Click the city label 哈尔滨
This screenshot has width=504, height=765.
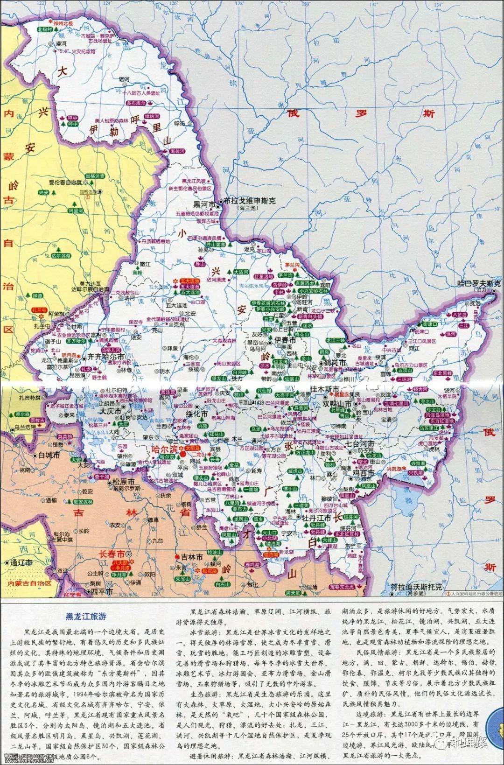click(x=165, y=449)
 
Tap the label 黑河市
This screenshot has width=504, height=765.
click(x=204, y=204)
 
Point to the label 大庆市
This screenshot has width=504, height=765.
click(x=110, y=412)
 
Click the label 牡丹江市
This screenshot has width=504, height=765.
click(x=317, y=518)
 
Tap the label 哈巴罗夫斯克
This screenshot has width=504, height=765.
click(x=480, y=283)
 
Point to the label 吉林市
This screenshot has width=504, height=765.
click(x=192, y=557)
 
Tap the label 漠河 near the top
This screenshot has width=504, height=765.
click(x=61, y=43)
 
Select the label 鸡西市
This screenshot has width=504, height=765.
click(x=363, y=473)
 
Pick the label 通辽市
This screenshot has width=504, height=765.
click(x=22, y=562)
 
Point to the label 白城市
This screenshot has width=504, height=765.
click(x=49, y=455)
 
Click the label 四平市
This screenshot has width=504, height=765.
click(x=102, y=591)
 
